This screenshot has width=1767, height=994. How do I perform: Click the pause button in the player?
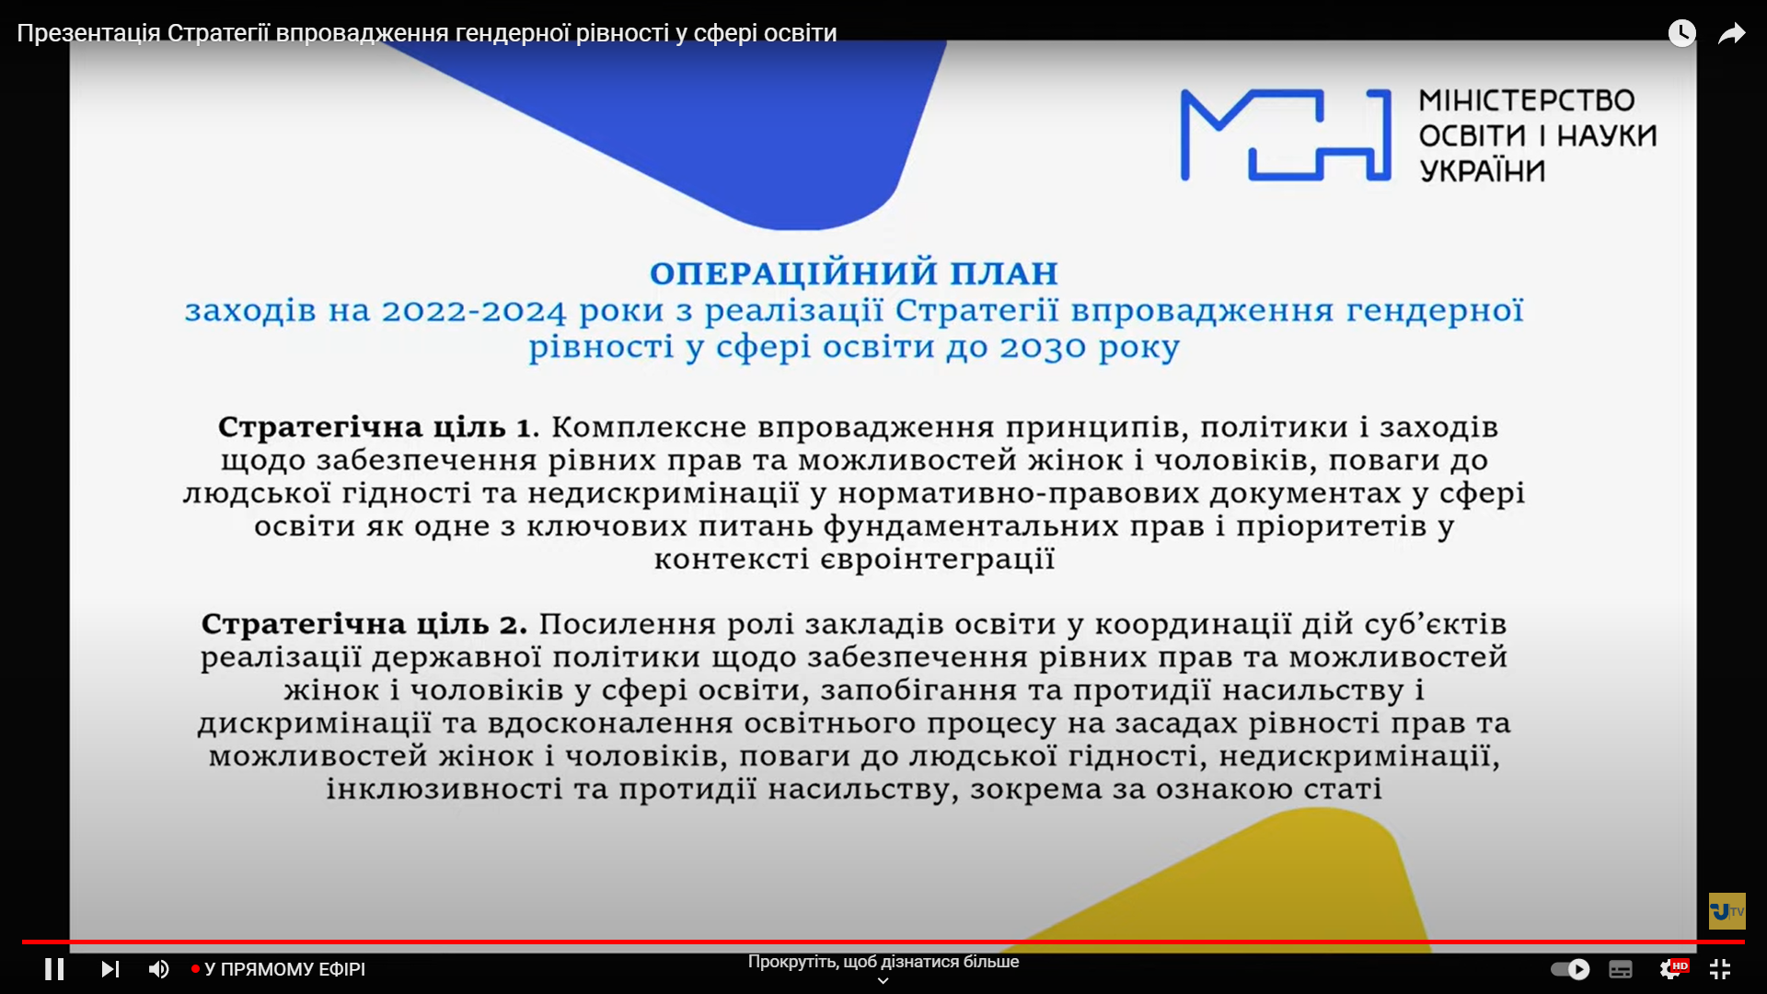point(54,969)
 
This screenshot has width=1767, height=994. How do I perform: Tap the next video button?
point(110,969)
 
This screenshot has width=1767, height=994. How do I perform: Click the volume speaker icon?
point(158,969)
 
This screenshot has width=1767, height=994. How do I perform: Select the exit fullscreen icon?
point(1720,969)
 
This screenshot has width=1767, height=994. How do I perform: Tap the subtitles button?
point(1621,969)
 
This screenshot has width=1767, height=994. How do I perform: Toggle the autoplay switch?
point(1570,969)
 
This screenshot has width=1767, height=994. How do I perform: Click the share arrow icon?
point(1732,34)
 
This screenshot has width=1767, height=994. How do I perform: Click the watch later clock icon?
point(1682,33)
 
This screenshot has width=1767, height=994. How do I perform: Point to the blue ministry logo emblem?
point(1286,134)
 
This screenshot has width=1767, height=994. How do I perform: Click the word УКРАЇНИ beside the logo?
point(1482,171)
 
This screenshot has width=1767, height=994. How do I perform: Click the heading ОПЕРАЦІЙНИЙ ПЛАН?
point(854,273)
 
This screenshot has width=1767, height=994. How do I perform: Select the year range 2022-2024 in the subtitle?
point(474,311)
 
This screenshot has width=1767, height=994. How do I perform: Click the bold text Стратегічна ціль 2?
point(364,625)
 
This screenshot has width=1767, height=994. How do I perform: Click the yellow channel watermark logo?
point(1727,911)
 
